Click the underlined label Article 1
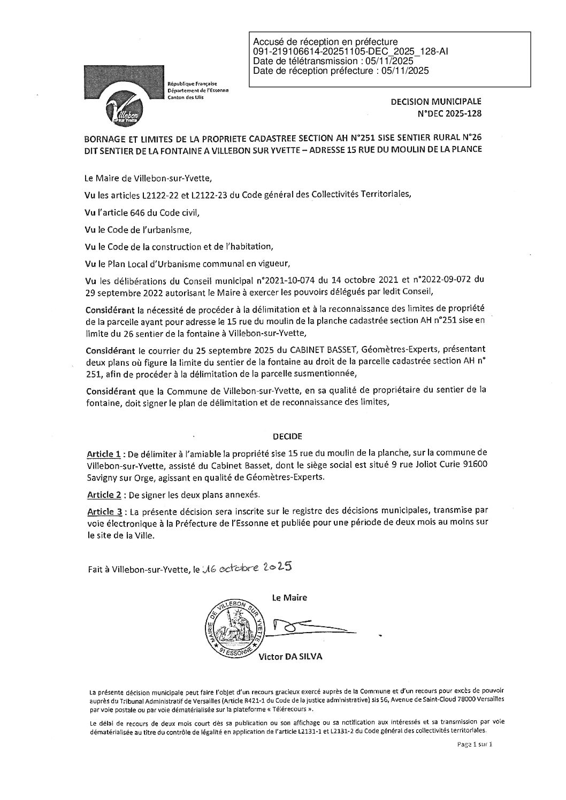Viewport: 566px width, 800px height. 103,454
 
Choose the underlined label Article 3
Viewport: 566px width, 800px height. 103,512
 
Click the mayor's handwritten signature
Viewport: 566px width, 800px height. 310,627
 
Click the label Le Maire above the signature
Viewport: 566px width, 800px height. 289,597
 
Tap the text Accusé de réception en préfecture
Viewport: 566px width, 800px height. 325,42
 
